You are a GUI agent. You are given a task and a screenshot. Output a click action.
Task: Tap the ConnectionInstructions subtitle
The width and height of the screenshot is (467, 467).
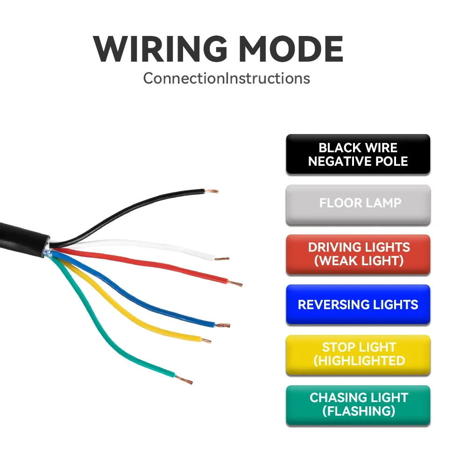click(226, 78)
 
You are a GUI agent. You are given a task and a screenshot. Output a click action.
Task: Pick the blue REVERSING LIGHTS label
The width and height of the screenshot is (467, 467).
click(358, 304)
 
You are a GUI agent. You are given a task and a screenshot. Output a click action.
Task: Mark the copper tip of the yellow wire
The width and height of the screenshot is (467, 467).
click(205, 340)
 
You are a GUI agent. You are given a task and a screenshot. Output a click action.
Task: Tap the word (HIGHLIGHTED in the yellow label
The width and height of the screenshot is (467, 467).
click(359, 361)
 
